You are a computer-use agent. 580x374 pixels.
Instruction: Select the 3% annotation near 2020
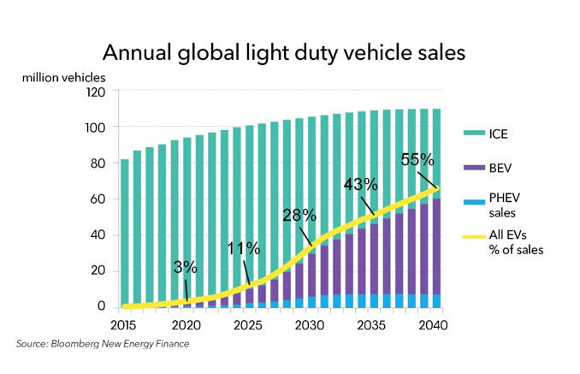tap(184, 267)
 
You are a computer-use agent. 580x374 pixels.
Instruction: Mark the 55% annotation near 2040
tap(417, 159)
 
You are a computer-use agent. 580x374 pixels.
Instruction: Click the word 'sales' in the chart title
tap(431, 53)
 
